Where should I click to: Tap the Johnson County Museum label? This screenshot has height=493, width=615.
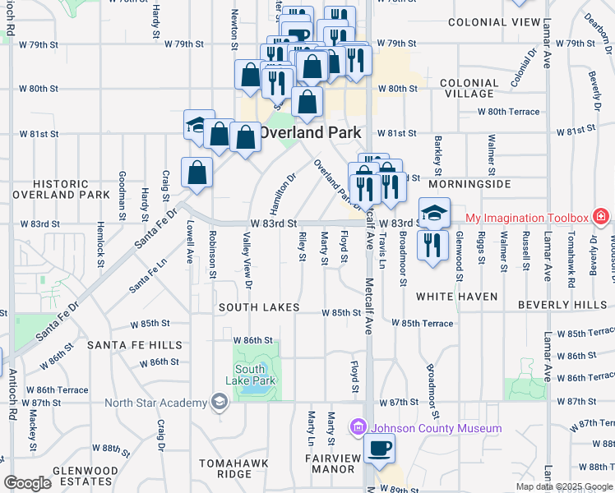436,428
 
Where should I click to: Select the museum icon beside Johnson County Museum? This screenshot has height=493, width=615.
358,427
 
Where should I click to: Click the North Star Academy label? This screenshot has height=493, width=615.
156,402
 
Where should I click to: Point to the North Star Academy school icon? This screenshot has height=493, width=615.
218,402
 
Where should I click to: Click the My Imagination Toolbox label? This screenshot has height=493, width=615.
527,218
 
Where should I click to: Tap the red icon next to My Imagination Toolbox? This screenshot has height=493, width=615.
602,218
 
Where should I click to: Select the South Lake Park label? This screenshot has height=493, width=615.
251,375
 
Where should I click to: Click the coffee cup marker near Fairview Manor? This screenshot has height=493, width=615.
379,449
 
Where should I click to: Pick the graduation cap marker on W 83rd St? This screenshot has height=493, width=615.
434,213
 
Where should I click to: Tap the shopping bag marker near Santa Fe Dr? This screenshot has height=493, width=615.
197,173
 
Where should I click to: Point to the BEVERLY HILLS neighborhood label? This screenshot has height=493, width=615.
562,305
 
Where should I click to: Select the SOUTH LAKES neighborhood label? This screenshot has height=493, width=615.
255,307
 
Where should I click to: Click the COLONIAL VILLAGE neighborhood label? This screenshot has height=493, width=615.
469,89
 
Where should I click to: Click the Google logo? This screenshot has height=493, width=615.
27,483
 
